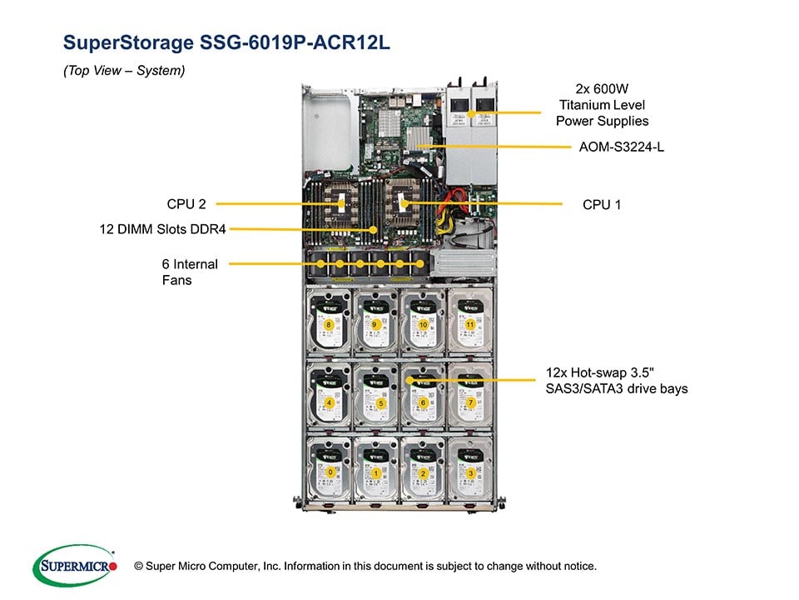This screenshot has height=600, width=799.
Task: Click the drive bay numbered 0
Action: [x=330, y=472]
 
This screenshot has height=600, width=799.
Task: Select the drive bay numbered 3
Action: [x=472, y=472]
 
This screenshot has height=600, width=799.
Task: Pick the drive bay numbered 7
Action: [x=472, y=402]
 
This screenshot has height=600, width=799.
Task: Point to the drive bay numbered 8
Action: [x=330, y=323]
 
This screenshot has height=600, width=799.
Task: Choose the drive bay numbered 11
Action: [x=472, y=323]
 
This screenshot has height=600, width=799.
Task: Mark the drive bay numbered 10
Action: [x=424, y=323]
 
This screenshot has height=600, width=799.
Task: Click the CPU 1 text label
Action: [x=602, y=203]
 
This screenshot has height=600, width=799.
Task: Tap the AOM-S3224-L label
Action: [x=621, y=147]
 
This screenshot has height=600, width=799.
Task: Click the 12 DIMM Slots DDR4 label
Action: [x=163, y=228]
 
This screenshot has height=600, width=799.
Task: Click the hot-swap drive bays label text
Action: [x=617, y=379]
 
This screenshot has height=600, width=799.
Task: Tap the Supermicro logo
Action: [x=73, y=566]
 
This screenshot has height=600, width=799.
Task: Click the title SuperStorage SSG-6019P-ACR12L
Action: [x=226, y=42]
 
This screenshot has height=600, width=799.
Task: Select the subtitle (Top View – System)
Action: [x=124, y=71]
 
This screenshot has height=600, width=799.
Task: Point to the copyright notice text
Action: [x=370, y=566]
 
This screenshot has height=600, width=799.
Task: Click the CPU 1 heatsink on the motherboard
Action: [x=404, y=201]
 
